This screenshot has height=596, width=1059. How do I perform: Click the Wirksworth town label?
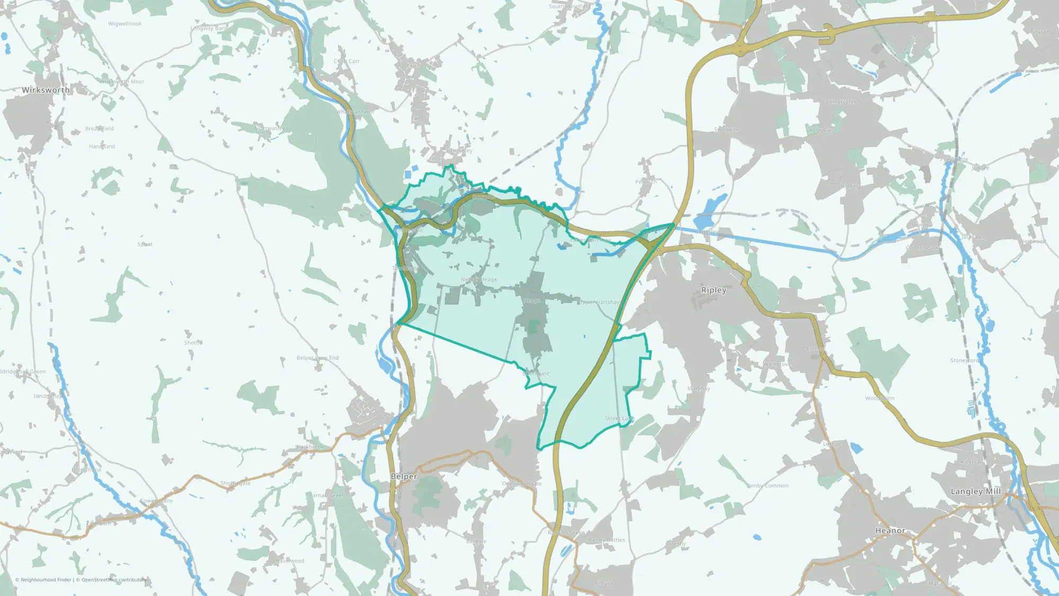[x=46, y=90]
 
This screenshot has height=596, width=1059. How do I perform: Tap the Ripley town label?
[x=713, y=290]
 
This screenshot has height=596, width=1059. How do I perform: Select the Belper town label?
[x=403, y=477]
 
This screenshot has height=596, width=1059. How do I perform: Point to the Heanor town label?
[x=890, y=531]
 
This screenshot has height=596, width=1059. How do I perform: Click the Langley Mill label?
[x=975, y=492]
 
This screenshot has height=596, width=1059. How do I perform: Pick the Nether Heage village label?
[x=479, y=280]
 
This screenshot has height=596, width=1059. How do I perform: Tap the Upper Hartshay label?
[x=599, y=303]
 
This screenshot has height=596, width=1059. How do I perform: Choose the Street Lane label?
[x=619, y=419]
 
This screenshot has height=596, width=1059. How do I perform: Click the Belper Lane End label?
[x=317, y=358]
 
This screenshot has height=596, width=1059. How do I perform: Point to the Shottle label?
[x=193, y=343]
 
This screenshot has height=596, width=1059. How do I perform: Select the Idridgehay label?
[x=48, y=396]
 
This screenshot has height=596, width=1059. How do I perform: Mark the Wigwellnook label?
[x=124, y=24]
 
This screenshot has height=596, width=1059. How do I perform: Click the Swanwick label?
[x=726, y=130]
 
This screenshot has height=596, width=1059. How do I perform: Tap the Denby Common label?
[x=767, y=486]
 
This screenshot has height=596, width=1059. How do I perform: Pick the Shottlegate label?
[x=236, y=483]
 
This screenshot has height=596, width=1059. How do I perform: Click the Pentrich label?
[x=646, y=182]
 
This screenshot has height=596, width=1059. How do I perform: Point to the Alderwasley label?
[x=270, y=128]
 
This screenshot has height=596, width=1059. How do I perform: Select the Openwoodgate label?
[x=522, y=484]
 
